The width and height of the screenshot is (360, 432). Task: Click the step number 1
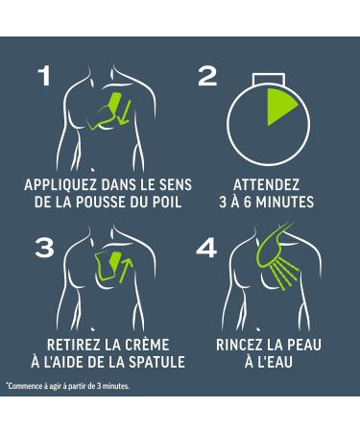tap(45, 76)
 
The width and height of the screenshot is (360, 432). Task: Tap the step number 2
tap(207, 76)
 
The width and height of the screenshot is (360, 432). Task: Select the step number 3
tap(44, 248)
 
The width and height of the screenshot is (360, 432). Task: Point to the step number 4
tap(206, 248)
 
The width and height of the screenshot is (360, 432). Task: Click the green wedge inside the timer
tap(279, 106)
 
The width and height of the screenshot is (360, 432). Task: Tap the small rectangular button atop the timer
tap(268, 79)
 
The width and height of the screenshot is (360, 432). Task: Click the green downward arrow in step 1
tap(124, 112)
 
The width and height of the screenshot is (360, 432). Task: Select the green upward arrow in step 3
tap(126, 271)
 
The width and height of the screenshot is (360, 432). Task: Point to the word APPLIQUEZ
tap(60, 185)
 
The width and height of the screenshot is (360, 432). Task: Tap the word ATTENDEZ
tap(266, 185)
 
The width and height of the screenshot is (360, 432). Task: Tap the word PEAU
tap(303, 345)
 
